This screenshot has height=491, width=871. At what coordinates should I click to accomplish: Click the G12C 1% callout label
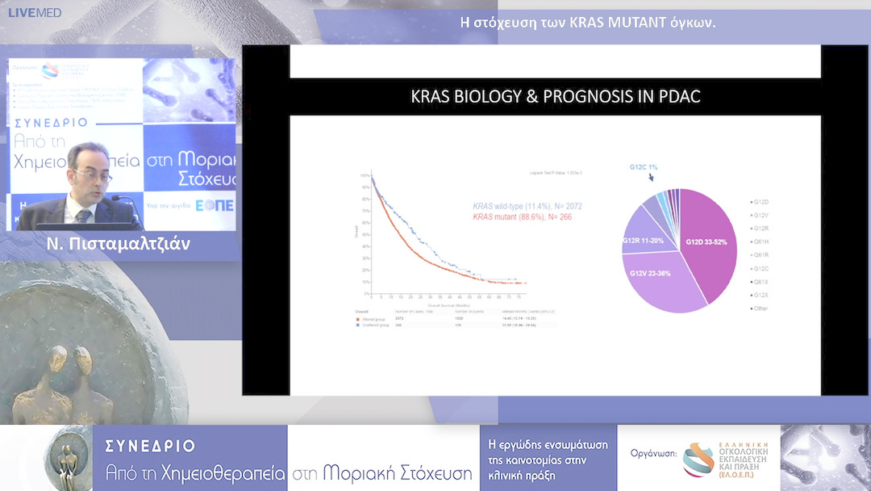pos(644,167)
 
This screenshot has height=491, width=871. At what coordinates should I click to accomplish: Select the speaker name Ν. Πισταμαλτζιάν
pos(119,244)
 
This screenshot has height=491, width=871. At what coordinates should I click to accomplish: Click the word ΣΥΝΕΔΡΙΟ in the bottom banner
pos(150,446)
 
